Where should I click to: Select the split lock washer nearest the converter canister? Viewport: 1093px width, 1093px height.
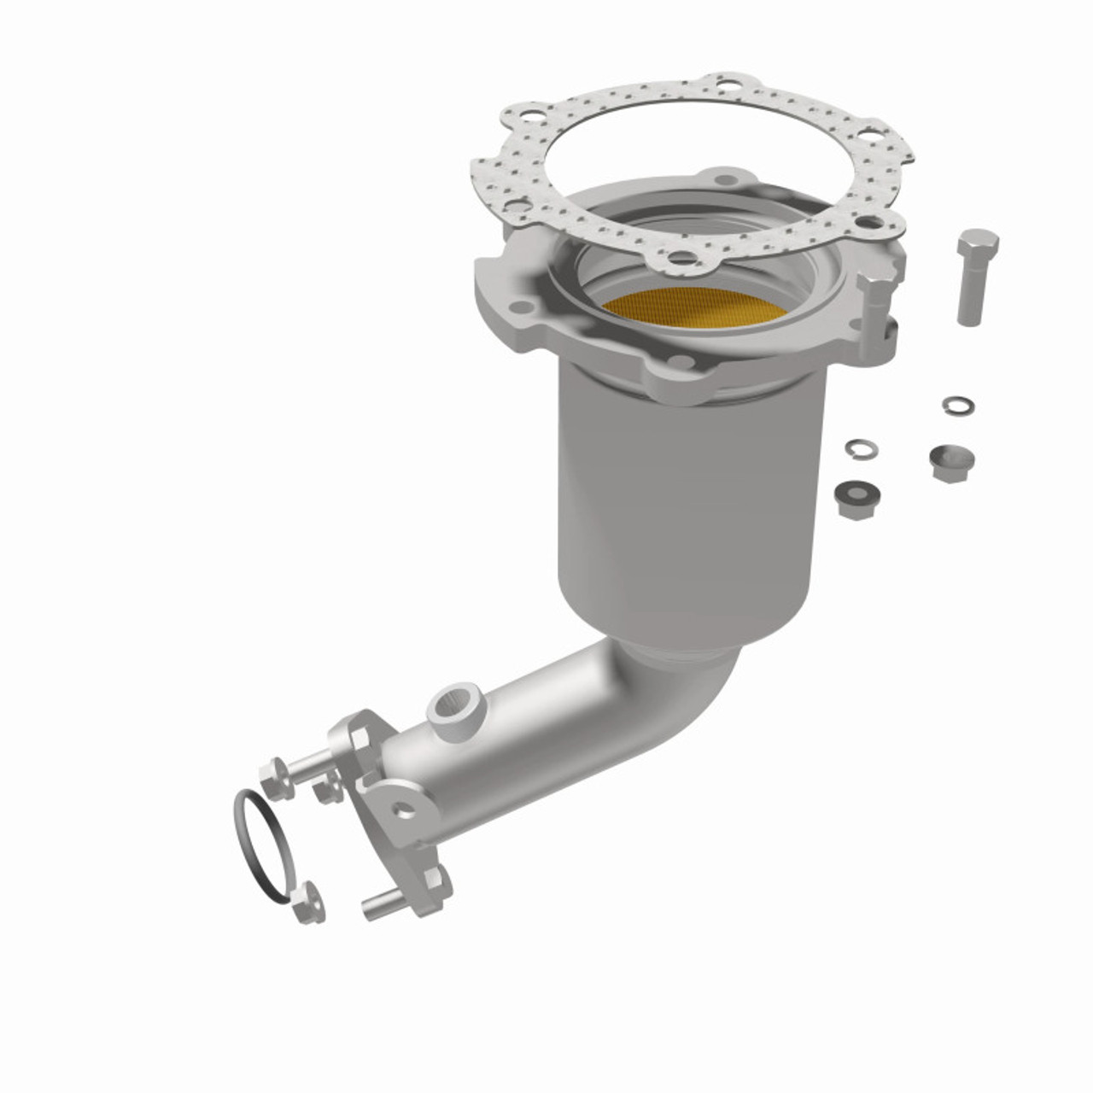click(858, 447)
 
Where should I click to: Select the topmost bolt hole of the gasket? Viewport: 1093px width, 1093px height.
click(728, 85)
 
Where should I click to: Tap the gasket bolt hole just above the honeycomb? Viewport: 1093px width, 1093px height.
click(679, 257)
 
